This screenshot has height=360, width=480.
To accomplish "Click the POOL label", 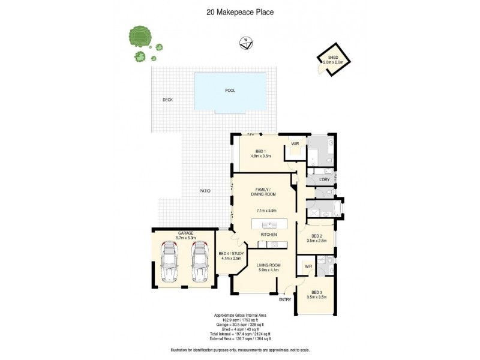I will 230,90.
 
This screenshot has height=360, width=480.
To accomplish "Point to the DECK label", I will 167,100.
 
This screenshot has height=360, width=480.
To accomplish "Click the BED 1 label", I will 260,151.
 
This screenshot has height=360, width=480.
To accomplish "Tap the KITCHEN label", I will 268,234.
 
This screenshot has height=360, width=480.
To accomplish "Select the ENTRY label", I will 285,299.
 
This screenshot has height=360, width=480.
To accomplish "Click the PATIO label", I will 205,191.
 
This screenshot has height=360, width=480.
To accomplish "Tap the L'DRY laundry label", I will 325,179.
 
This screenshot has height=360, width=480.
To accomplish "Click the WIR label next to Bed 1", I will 295,144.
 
